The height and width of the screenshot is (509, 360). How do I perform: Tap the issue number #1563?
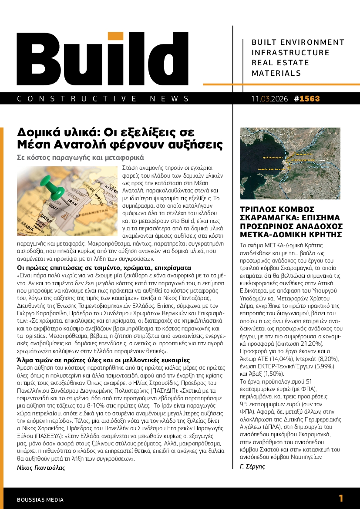coord(307,99)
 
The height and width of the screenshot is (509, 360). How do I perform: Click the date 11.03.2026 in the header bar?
coord(269,99)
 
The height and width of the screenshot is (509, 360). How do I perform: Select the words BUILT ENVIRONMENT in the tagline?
coord(298,42)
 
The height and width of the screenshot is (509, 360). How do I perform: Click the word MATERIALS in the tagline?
coord(276,73)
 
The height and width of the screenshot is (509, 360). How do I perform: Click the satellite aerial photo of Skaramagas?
coord(290,163)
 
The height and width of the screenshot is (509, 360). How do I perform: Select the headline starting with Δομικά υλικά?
coord(120,138)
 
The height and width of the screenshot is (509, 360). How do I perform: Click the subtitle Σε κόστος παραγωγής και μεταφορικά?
coord(80,158)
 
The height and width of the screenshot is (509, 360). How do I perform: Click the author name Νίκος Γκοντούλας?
coord(40,468)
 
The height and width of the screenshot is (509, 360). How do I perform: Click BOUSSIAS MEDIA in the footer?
coord(40,500)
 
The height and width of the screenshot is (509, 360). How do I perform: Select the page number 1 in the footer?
coord(341,499)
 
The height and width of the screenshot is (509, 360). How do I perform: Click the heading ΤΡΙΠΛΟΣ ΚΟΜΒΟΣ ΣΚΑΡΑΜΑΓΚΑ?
coord(291,222)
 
